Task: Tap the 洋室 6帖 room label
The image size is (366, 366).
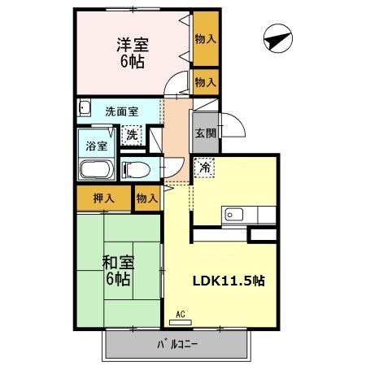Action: pyautogui.click(x=129, y=53)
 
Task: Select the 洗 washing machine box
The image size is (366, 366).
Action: pyautogui.click(x=133, y=134)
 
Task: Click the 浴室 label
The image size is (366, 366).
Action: pyautogui.click(x=97, y=147)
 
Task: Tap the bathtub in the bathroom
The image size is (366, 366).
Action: pyautogui.click(x=97, y=172)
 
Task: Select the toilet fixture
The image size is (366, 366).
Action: pyautogui.click(x=135, y=170)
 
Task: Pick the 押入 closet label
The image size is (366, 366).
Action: pyautogui.click(x=102, y=198)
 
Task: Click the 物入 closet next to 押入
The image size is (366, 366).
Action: pyautogui.click(x=146, y=198)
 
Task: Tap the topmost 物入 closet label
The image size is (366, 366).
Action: pyautogui.click(x=205, y=39)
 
